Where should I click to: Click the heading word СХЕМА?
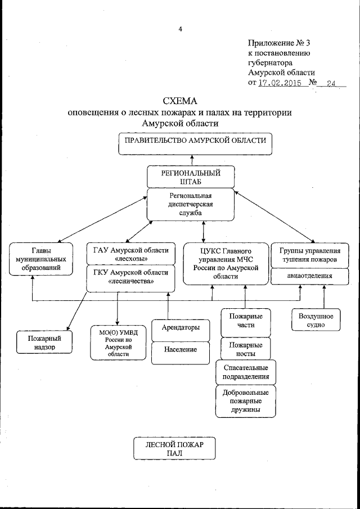tap(180, 101)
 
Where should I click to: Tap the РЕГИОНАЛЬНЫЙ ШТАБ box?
tap(191, 177)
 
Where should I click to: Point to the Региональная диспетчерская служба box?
tap(191, 204)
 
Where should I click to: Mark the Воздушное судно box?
tap(312, 320)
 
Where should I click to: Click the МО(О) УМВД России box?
tap(118, 343)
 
